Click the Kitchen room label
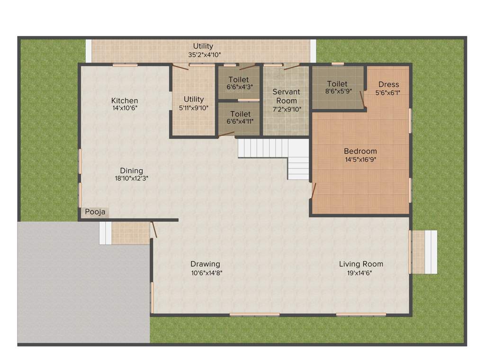pyautogui.click(x=125, y=100)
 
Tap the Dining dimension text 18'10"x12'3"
pyautogui.click(x=131, y=179)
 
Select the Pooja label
pyautogui.click(x=95, y=212)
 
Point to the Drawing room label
pyautogui.click(x=205, y=264)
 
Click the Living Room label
pyautogui.click(x=361, y=264)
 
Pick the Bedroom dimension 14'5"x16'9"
pyautogui.click(x=360, y=160)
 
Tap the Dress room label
pyautogui.click(x=388, y=85)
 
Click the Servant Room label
pyautogui.click(x=287, y=96)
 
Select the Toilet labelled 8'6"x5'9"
pyautogui.click(x=337, y=84)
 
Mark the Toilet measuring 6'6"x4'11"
pyautogui.click(x=240, y=114)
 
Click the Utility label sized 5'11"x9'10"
pyautogui.click(x=194, y=100)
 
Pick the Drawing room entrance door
pyautogui.click(x=153, y=229)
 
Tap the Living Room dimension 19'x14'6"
pyautogui.click(x=361, y=273)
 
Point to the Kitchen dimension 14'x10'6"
pyautogui.click(x=125, y=108)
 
